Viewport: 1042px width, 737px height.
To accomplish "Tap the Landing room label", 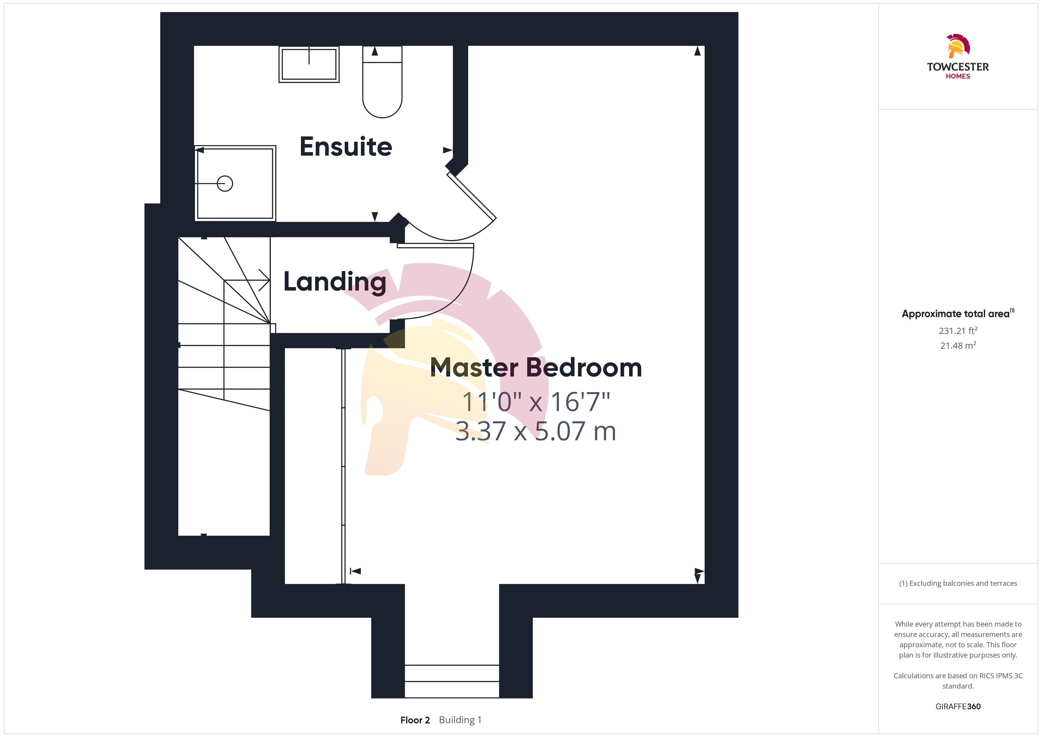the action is tap(335, 282).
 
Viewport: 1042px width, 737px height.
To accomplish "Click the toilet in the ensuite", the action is tap(382, 82).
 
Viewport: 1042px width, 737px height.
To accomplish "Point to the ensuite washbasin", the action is tap(309, 64).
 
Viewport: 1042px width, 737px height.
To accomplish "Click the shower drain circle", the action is tap(225, 184).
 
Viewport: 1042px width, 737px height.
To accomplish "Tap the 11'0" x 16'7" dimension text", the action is tap(536, 402).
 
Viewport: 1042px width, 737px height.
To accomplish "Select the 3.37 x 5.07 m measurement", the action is tap(536, 431).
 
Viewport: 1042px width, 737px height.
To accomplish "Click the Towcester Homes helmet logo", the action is tap(958, 46).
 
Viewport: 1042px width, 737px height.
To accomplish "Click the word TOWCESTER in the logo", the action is tap(958, 67).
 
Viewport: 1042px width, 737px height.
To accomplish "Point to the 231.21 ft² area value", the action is tap(958, 330).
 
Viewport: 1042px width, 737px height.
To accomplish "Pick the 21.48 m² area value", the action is tap(958, 345).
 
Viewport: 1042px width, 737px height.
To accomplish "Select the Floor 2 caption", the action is tap(415, 720).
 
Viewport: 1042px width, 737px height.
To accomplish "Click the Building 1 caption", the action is tap(460, 720).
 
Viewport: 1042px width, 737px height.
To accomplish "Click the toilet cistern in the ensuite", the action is tap(382, 54).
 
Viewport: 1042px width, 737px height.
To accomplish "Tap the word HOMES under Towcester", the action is tap(958, 76).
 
